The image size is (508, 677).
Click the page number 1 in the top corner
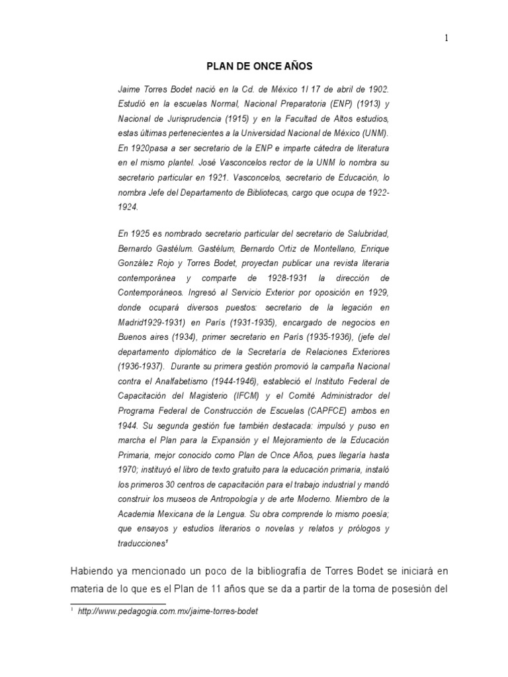click(446, 38)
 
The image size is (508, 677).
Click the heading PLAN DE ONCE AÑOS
click(253, 67)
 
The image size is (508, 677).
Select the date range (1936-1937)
click(142, 366)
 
